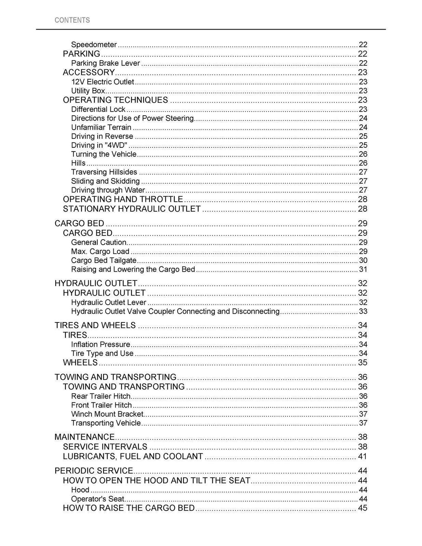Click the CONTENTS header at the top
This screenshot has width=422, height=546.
pyautogui.click(x=72, y=20)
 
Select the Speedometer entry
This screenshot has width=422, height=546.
pyautogui.click(x=94, y=44)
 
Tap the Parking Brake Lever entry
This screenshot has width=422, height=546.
pyautogui.click(x=105, y=63)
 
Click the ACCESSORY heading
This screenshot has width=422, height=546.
pyautogui.click(x=89, y=72)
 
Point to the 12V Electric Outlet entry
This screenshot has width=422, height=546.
pyautogui.click(x=103, y=82)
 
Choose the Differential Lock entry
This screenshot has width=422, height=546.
pyautogui.click(x=98, y=109)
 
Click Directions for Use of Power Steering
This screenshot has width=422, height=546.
pyautogui.click(x=132, y=118)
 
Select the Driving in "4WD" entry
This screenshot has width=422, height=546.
pyautogui.click(x=99, y=145)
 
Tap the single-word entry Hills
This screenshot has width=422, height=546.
pyautogui.click(x=78, y=163)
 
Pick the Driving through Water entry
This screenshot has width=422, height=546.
pyautogui.click(x=108, y=190)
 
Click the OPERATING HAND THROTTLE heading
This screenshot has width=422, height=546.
pyautogui.click(x=123, y=199)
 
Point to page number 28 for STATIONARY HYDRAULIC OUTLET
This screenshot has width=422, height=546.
pyautogui.click(x=362, y=209)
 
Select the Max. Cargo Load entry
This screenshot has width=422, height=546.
pyautogui.click(x=100, y=251)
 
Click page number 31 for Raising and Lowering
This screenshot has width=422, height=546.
pyautogui.click(x=363, y=269)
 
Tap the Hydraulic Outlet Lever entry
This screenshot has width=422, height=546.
pyautogui.click(x=108, y=302)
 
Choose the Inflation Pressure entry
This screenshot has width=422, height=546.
pyautogui.click(x=101, y=344)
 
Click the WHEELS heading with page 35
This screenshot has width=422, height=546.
pyautogui.click(x=80, y=362)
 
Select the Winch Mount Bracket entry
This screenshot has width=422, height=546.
pyautogui.click(x=107, y=414)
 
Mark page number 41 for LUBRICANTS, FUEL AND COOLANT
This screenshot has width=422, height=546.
pyautogui.click(x=362, y=456)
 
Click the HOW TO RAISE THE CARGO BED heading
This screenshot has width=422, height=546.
pyautogui.click(x=129, y=508)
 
